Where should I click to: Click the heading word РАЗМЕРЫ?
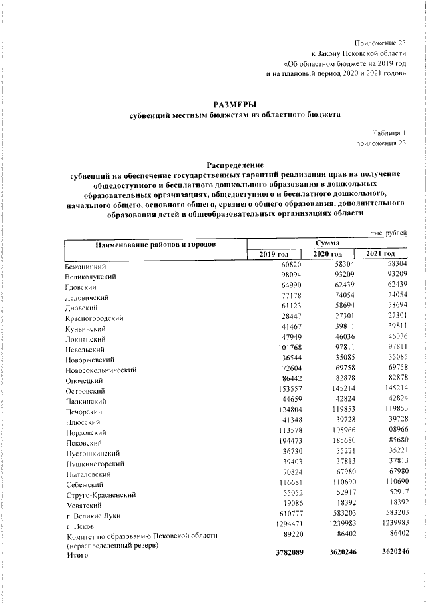[x=234, y=103]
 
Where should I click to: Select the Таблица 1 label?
[x=389, y=133]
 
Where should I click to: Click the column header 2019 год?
[x=274, y=255]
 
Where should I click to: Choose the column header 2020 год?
[x=326, y=255]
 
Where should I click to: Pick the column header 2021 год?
[x=380, y=255]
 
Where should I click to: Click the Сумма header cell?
[x=327, y=244]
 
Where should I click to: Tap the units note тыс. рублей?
[x=388, y=232]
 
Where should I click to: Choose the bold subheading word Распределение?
[x=234, y=164]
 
